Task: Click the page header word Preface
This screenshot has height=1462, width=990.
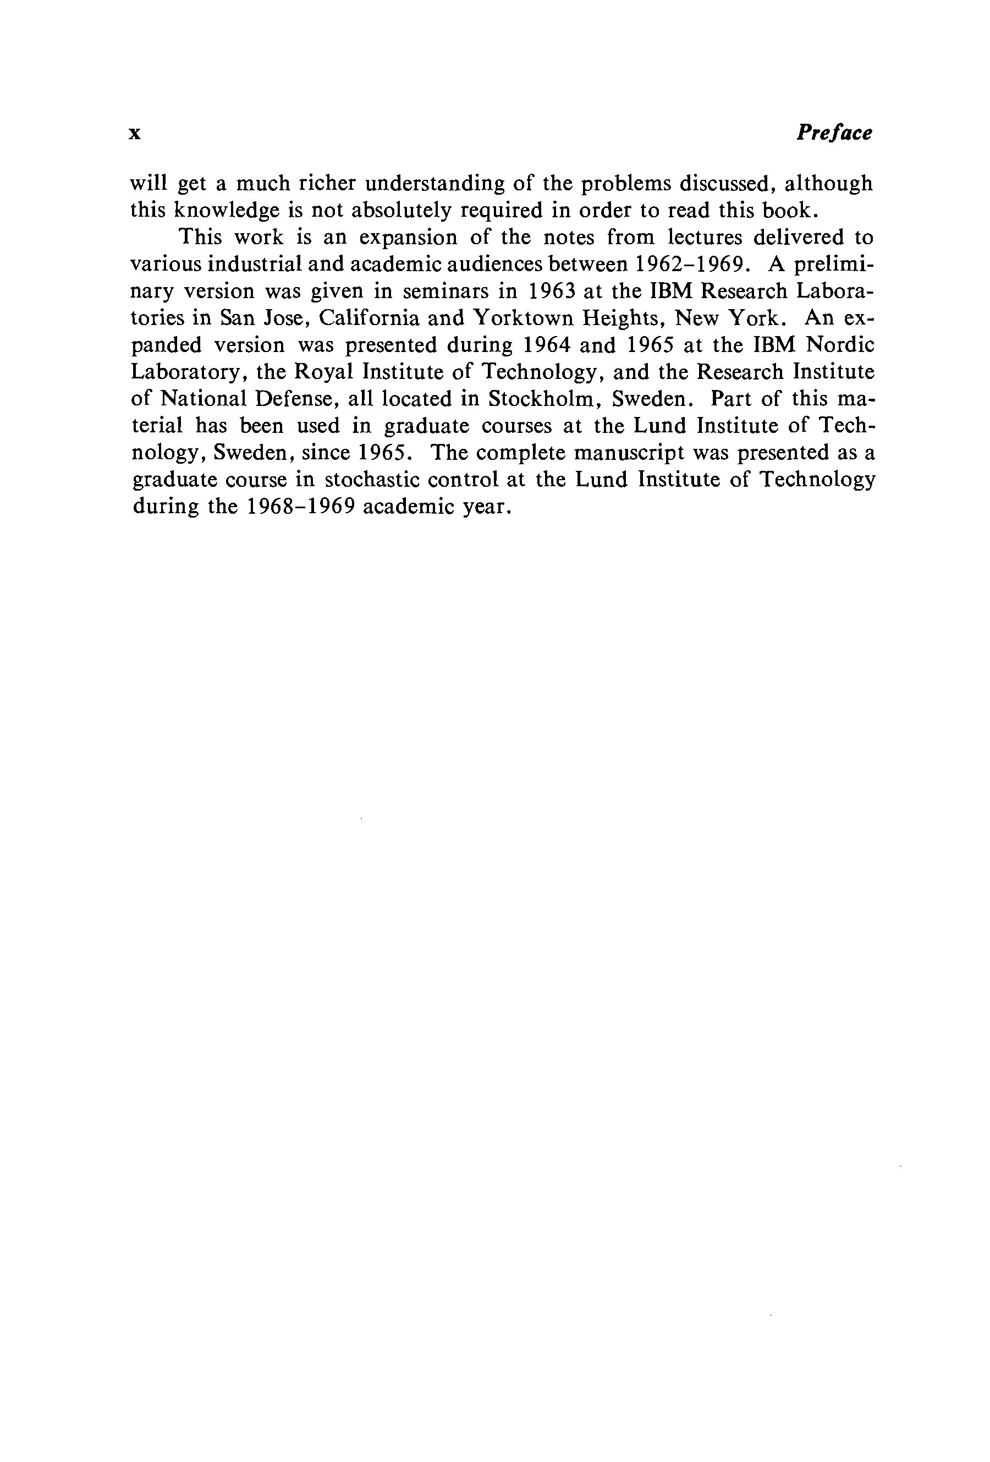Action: [834, 133]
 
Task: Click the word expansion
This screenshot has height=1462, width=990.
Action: [403, 238]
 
